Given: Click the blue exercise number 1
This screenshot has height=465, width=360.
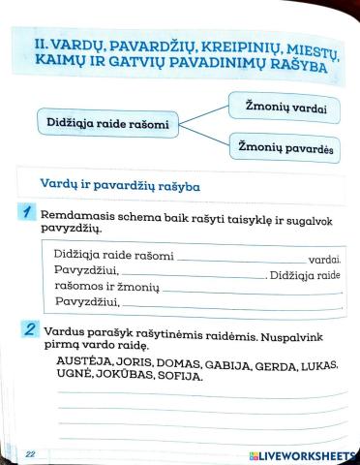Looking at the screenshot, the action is (30, 213).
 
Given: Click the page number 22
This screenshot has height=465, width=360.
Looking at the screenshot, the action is (30, 453).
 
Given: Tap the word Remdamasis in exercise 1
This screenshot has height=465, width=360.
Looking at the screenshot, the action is (80, 220).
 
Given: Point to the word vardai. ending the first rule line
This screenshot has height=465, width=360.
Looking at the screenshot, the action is (324, 261).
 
